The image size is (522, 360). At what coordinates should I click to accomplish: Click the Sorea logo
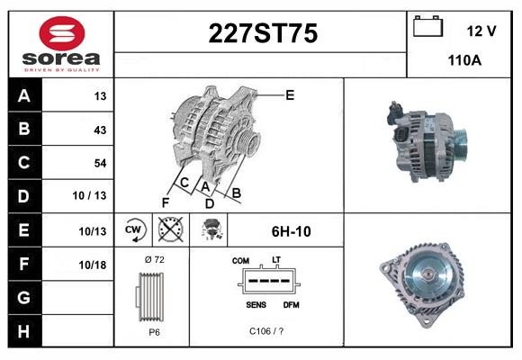[60, 41]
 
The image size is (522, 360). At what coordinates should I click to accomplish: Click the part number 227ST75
[263, 34]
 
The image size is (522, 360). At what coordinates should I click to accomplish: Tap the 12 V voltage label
[481, 31]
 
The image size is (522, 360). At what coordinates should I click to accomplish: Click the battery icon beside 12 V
[427, 27]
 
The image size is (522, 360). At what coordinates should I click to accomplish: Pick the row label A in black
[23, 96]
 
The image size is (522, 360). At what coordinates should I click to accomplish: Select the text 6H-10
[291, 231]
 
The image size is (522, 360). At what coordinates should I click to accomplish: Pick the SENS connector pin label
[255, 304]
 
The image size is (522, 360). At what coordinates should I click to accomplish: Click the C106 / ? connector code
[265, 331]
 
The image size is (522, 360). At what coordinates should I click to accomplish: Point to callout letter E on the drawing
[290, 94]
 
